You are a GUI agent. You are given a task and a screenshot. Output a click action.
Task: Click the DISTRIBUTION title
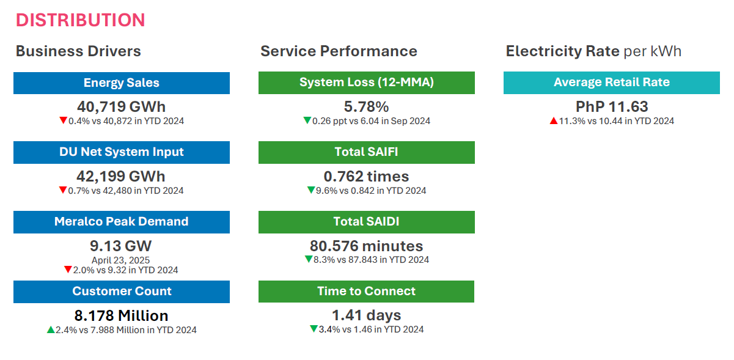[x=80, y=20]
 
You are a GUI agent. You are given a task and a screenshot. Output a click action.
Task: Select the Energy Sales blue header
[x=122, y=83]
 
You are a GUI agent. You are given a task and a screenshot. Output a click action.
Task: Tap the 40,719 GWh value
[x=121, y=106]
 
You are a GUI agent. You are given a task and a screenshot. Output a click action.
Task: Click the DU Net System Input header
[x=122, y=152]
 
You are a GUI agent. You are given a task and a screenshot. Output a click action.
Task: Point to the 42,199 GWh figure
[x=121, y=176]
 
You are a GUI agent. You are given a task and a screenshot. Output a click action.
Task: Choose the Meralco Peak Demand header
[x=122, y=222]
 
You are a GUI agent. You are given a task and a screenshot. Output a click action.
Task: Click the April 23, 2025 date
[x=121, y=259]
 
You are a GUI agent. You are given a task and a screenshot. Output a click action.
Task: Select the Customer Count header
[x=122, y=292]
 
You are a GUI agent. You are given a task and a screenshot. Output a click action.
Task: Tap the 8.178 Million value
[x=121, y=315]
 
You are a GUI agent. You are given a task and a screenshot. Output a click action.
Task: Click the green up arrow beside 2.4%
[x=51, y=330]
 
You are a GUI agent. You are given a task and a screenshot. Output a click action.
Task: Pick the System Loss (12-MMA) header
[x=367, y=83]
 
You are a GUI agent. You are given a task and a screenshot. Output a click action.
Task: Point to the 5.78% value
[x=367, y=106]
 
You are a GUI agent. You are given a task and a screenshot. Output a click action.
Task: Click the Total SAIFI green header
[x=367, y=152]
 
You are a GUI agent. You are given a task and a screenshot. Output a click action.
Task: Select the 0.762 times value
[x=367, y=176]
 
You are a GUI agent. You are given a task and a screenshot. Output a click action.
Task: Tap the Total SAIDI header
[x=367, y=222]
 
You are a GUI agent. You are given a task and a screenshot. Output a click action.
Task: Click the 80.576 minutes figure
[x=367, y=246]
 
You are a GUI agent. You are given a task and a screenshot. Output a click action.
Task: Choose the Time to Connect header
[x=367, y=292]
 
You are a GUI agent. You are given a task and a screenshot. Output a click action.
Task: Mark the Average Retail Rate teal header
[x=612, y=83]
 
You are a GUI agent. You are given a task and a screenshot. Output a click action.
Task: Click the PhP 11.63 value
[x=612, y=106]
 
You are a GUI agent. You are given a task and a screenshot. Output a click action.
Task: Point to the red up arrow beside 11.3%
[x=554, y=121]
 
